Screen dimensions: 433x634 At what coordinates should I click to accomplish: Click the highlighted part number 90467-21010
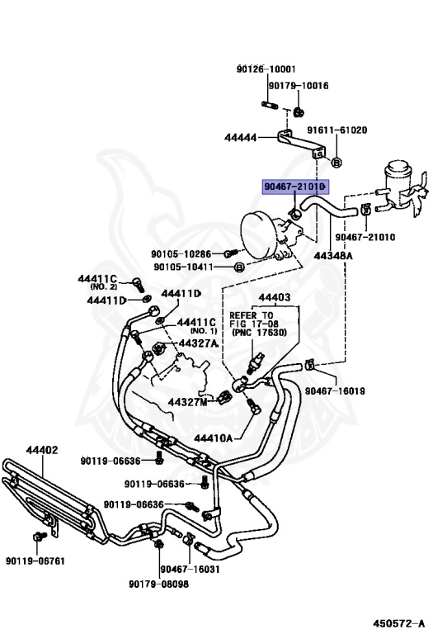(295, 187)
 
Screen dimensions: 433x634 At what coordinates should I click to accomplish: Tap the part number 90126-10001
(266, 69)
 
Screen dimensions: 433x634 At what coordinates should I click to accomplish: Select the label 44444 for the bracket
(240, 138)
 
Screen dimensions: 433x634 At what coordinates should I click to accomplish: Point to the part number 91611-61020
(337, 130)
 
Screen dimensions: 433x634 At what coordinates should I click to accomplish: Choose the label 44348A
(333, 256)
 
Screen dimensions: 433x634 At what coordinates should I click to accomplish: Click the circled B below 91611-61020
(337, 163)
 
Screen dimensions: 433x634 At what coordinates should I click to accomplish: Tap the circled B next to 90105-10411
(239, 267)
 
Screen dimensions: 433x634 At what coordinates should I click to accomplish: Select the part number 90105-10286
(181, 254)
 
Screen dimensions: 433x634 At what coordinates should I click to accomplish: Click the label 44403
(275, 297)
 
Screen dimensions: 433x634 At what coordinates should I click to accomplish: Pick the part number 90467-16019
(335, 391)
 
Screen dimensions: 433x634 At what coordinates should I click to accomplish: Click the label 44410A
(214, 438)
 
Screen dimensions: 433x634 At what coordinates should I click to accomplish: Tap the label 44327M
(187, 402)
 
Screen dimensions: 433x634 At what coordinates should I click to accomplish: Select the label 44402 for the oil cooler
(42, 450)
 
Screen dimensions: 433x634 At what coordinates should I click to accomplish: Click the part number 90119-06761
(35, 561)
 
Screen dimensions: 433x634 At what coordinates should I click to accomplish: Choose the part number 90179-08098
(158, 584)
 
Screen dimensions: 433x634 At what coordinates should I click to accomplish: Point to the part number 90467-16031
(191, 570)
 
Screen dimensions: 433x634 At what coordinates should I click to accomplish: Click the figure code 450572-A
(398, 623)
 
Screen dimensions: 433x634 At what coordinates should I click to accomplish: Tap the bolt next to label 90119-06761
(39, 537)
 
